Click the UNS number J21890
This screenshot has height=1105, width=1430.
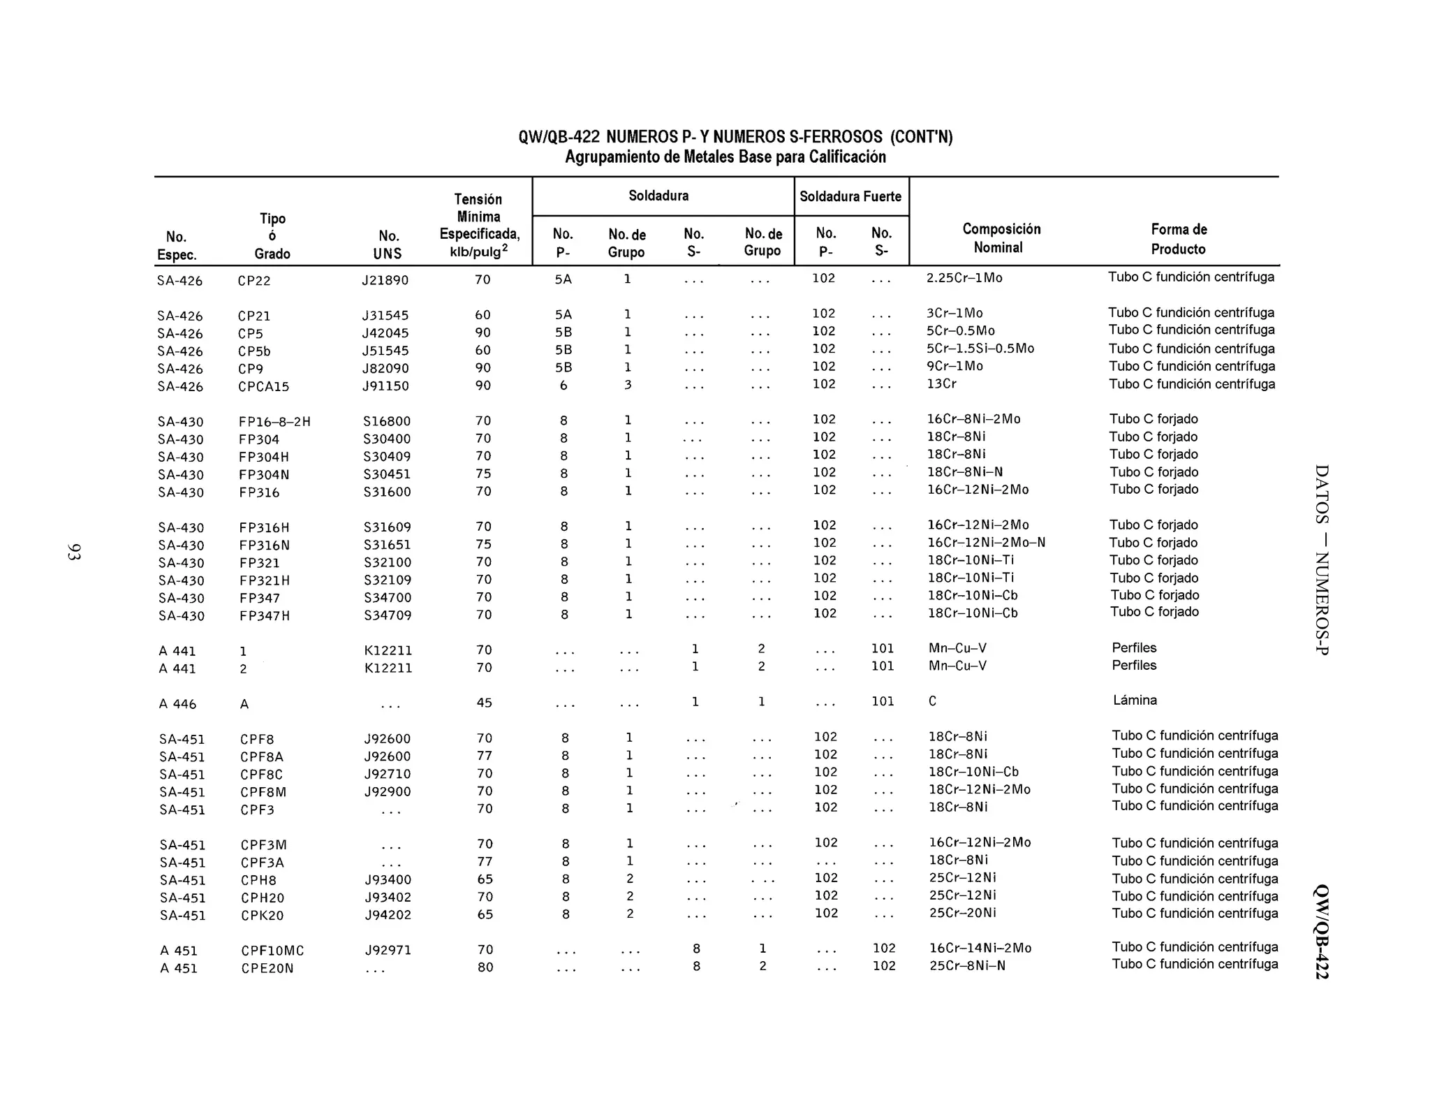(385, 281)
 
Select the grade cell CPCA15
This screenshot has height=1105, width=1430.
(263, 386)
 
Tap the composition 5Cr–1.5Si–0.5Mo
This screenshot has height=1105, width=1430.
(980, 349)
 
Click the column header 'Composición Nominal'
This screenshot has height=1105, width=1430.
(1001, 238)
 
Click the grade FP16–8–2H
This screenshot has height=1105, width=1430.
(274, 422)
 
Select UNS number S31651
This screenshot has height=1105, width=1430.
(387, 545)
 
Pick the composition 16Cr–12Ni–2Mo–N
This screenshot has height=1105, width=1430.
(986, 543)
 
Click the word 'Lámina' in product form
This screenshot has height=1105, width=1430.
(1135, 701)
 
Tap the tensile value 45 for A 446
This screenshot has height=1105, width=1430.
(484, 703)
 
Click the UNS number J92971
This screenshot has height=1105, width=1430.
(388, 951)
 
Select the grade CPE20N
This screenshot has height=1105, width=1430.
(267, 969)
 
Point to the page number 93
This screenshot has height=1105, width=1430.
(74, 552)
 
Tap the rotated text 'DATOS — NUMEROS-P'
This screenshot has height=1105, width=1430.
(1321, 559)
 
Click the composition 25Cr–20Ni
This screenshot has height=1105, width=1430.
(962, 913)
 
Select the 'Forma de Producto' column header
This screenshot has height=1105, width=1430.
(1179, 239)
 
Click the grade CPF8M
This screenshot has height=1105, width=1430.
(263, 792)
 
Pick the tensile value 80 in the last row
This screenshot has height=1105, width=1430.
(485, 967)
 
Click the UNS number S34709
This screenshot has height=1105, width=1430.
(387, 615)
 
